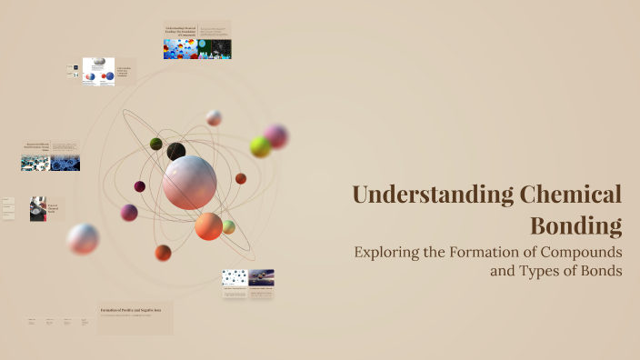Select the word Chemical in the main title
pos(570,195)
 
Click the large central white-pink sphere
pos(190,182)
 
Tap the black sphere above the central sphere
pos(176,151)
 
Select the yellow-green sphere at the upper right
pos(260,146)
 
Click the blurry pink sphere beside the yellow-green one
pos(276,136)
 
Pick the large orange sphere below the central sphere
pos(208,225)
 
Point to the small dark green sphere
pos(155,144)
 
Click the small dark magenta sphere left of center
pos(140,186)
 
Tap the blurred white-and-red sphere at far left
pos(83,239)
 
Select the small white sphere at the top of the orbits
pos(214,117)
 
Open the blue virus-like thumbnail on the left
pos(65,163)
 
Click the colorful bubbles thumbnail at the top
pos(180,49)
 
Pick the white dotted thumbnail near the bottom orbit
pos(235,277)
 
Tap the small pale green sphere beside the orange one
pos(229,226)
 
